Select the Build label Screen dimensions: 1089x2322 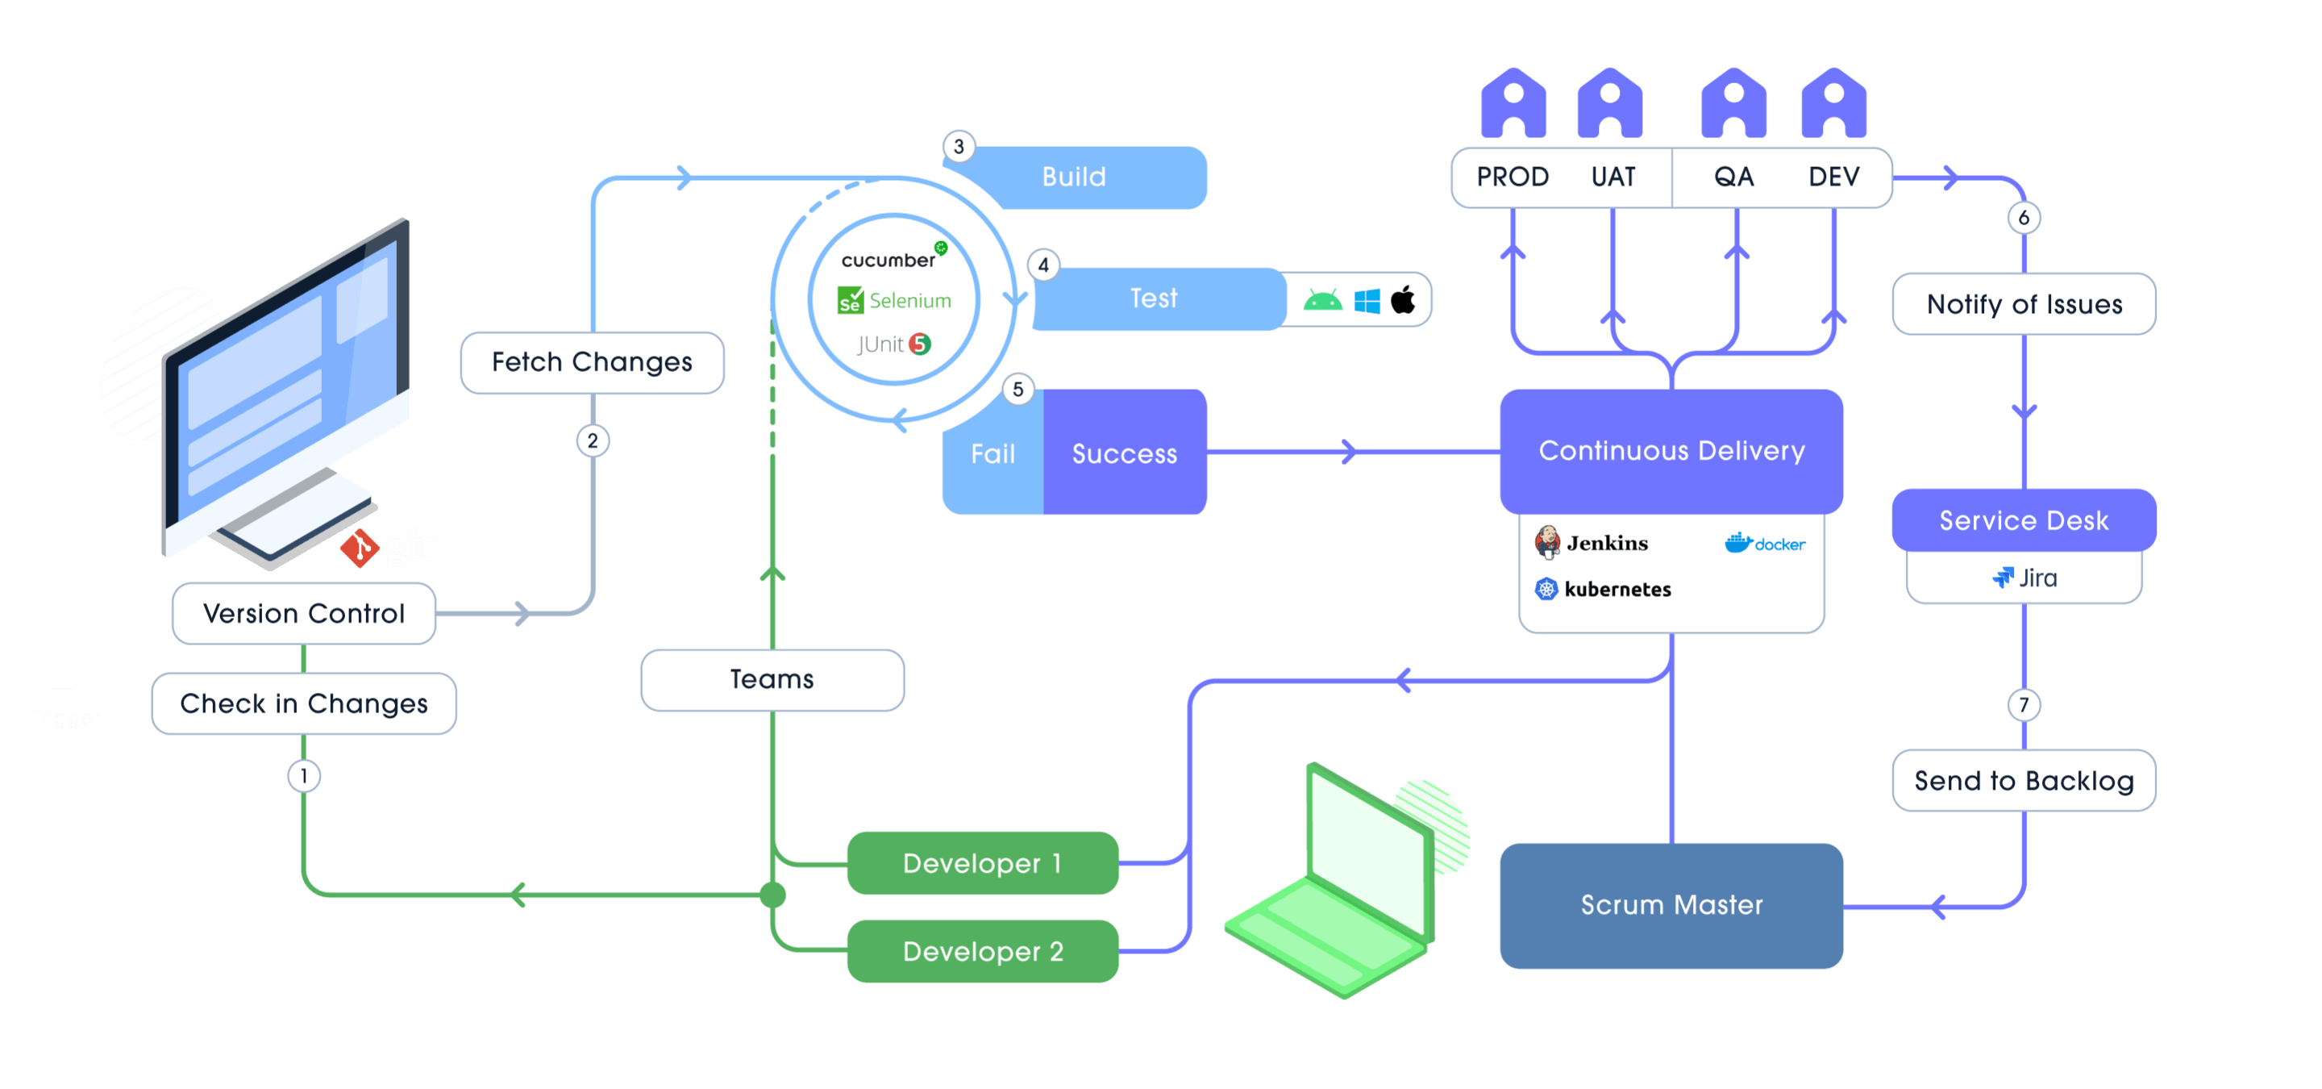1074,177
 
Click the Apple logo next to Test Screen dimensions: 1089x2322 1403,299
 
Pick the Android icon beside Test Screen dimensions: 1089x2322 1322,300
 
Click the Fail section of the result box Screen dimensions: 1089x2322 992,453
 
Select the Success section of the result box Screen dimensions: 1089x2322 1124,453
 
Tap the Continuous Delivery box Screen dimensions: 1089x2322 1671,451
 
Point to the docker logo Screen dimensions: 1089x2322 1764,543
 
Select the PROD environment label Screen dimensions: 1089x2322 1513,177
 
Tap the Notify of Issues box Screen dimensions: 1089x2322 2024,305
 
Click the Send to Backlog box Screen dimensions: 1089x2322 2024,781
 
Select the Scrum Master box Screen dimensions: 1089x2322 1671,905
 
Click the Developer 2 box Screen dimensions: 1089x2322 983,951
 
